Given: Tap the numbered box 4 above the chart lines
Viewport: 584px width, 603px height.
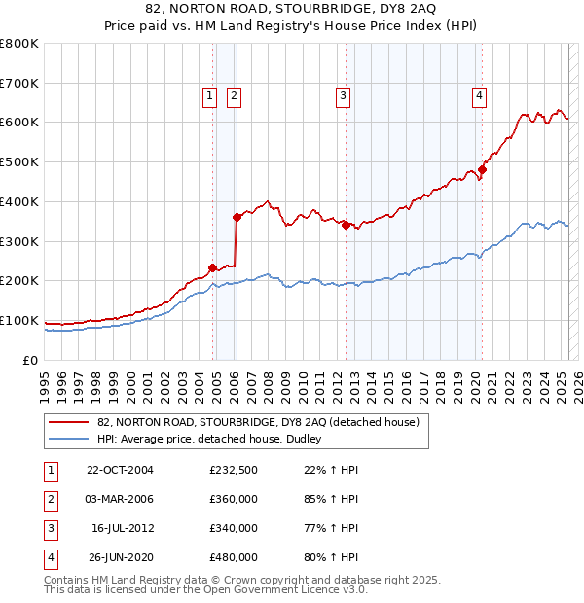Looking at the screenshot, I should (x=481, y=95).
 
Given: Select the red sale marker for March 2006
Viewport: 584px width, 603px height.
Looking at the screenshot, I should (x=237, y=217).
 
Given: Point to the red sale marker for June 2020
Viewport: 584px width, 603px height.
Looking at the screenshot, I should (x=482, y=169).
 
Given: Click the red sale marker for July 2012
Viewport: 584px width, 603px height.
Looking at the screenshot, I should (x=346, y=225).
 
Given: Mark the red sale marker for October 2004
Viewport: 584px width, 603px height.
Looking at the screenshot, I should (x=213, y=267).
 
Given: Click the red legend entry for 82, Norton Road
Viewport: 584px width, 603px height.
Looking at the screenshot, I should (x=258, y=422).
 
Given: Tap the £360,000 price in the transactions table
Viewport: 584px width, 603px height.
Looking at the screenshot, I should (x=234, y=499).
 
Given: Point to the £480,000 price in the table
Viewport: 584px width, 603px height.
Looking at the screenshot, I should (x=234, y=557).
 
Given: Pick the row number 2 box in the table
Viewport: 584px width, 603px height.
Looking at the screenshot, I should (x=50, y=499).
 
